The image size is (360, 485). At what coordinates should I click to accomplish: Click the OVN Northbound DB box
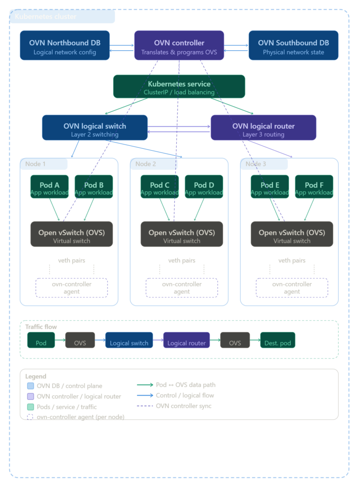pos(65,45)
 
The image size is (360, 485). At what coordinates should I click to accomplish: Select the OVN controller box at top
pos(179,45)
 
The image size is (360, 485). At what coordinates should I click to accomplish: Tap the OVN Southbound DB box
pos(293,45)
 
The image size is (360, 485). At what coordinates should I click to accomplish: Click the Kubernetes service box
pos(179,87)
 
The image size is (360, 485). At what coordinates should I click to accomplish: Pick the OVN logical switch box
pos(95,128)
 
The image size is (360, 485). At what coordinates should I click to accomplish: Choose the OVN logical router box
pos(263,128)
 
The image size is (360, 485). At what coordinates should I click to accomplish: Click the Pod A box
pos(49,187)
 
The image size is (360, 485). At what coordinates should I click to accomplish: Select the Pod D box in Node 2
pos(204,187)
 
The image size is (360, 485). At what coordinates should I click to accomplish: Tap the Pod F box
pos(314,187)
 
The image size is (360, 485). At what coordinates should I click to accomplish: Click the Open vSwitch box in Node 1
pos(72,234)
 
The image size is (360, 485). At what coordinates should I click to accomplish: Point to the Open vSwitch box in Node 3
pos(292,234)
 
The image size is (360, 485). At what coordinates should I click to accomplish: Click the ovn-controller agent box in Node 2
pos(182,288)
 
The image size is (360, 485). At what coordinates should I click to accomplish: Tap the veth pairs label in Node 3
pos(292,260)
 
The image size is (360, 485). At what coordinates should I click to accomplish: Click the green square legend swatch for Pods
pos(31,407)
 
